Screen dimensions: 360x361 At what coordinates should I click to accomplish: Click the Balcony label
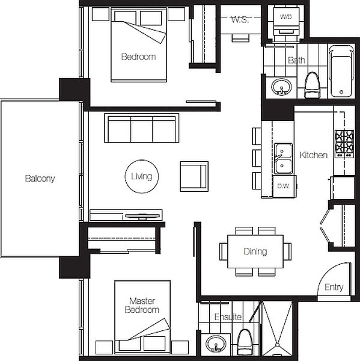pyautogui.click(x=40, y=179)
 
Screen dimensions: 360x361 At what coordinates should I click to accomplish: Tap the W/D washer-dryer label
pyautogui.click(x=286, y=17)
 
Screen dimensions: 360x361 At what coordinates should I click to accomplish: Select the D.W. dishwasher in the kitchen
pyautogui.click(x=284, y=187)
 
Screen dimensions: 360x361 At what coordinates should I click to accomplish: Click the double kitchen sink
pyautogui.click(x=283, y=159)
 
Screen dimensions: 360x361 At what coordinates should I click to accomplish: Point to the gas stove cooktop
pyautogui.click(x=344, y=144)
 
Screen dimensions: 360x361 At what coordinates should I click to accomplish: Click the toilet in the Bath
pyautogui.click(x=312, y=85)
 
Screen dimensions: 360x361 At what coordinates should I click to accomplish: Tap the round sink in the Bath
pyautogui.click(x=281, y=87)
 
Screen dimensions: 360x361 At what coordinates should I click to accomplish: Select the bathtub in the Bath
pyautogui.click(x=341, y=71)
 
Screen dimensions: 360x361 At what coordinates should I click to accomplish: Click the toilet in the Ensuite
pyautogui.click(x=245, y=342)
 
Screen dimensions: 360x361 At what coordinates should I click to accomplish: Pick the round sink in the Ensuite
pyautogui.click(x=216, y=344)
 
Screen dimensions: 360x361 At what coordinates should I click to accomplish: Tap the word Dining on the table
pyautogui.click(x=255, y=251)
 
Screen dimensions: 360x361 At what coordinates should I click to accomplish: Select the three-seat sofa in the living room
pyautogui.click(x=142, y=128)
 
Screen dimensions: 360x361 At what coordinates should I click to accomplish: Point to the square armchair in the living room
pyautogui.click(x=194, y=176)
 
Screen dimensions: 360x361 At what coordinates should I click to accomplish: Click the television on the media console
pyautogui.click(x=142, y=216)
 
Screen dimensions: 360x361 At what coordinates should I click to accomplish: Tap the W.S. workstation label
pyautogui.click(x=240, y=20)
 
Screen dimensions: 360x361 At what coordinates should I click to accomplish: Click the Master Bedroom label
pyautogui.click(x=142, y=305)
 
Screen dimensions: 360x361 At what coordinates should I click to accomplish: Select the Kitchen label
pyautogui.click(x=314, y=155)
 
